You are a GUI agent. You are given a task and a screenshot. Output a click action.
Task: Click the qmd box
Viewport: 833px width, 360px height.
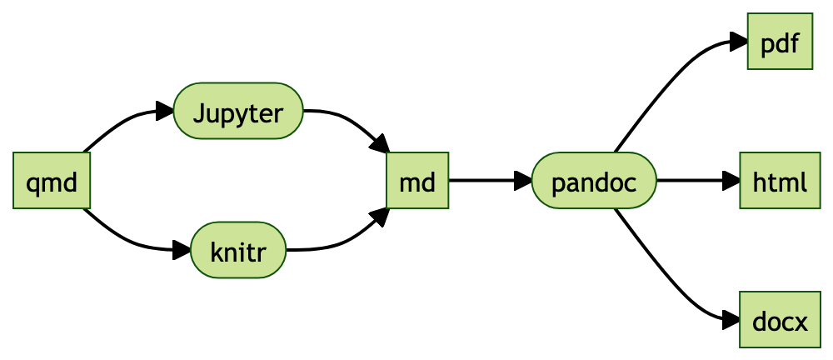coord(52,180)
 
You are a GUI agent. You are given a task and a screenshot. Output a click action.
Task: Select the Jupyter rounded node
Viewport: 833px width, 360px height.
coord(238,111)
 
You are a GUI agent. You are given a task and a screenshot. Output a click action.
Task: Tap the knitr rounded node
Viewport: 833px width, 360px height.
coord(238,250)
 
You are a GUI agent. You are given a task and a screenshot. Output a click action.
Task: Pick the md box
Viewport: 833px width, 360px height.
coord(417,180)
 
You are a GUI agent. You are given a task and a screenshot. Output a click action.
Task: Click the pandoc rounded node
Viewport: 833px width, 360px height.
coord(594,180)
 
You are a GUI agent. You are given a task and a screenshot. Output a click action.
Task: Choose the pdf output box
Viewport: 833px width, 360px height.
coord(780,42)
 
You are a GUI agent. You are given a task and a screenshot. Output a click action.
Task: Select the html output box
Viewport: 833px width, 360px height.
coord(780,180)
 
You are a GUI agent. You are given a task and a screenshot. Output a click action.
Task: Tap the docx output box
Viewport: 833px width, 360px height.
coord(780,319)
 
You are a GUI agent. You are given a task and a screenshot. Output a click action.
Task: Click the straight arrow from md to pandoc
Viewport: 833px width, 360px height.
coord(483,180)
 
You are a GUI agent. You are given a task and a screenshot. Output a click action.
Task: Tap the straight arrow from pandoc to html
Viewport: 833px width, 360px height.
coord(691,180)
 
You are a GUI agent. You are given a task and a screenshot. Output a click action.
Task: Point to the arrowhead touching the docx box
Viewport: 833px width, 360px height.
coord(731,318)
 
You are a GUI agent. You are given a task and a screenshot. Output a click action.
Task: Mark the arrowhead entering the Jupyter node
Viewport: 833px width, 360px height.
coord(165,111)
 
